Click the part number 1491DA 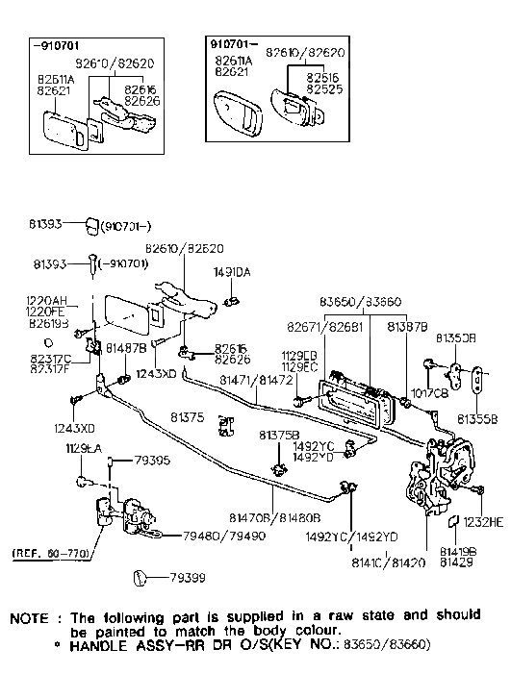(231, 273)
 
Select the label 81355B (477, 419)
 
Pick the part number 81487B (126, 346)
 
